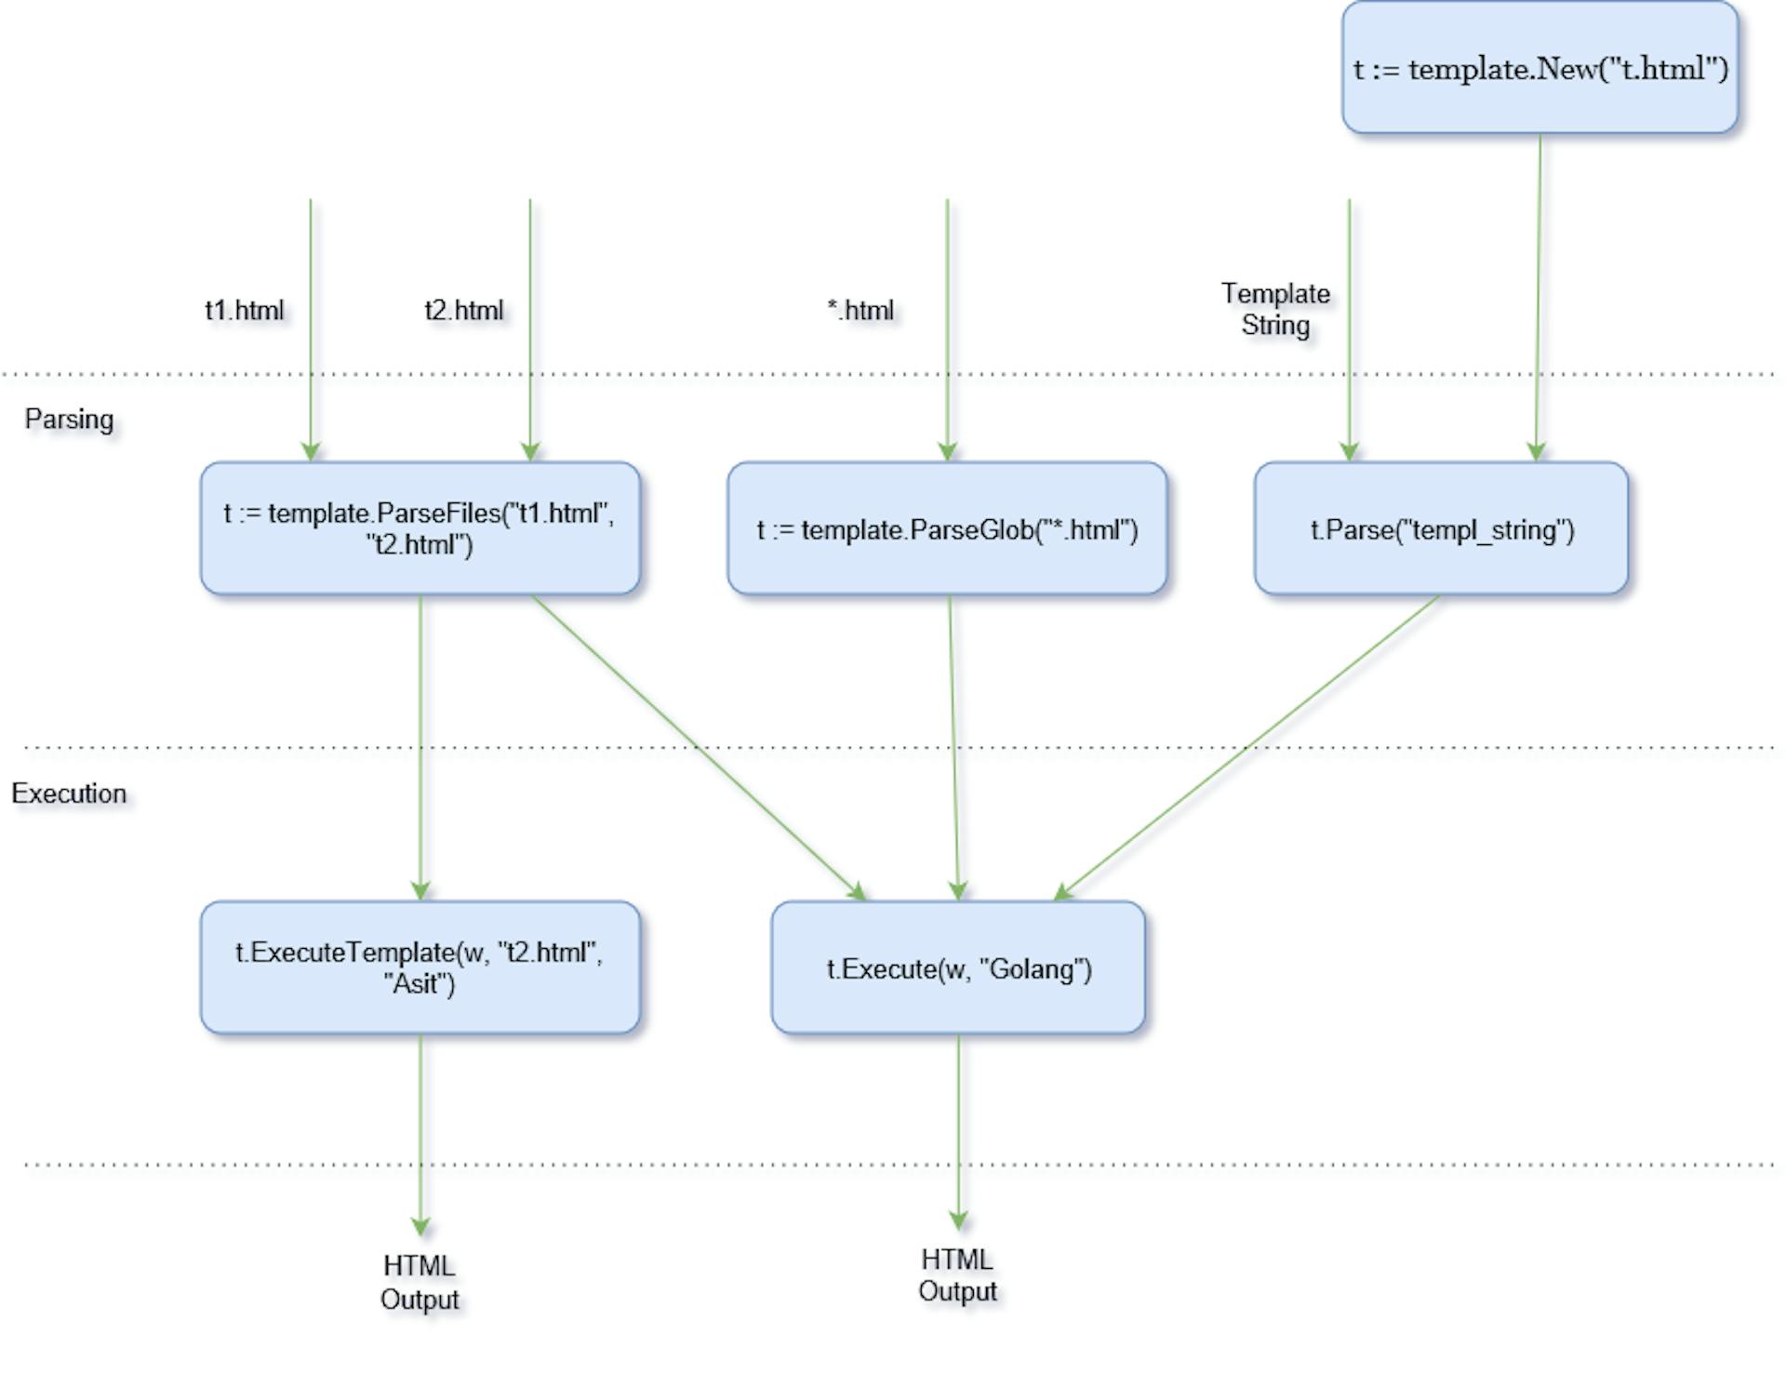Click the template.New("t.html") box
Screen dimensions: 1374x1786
[x=1539, y=68]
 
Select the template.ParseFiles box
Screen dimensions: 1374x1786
[x=420, y=528]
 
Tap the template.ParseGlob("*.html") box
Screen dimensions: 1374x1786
[x=947, y=528]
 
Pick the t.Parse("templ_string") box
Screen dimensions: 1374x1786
[x=1441, y=528]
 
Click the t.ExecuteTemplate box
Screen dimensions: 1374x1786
[x=420, y=967]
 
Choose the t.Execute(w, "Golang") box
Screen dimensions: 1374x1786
[x=958, y=967]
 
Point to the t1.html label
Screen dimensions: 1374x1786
[x=244, y=310]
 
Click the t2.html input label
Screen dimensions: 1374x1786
[x=463, y=310]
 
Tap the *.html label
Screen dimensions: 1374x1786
[x=860, y=310]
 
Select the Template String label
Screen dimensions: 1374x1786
[x=1275, y=310]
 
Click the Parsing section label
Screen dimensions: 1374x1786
[x=69, y=419]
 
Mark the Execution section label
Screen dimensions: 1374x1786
[x=69, y=794]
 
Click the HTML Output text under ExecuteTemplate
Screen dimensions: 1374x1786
[x=420, y=1282]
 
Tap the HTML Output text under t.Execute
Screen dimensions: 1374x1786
[x=957, y=1274]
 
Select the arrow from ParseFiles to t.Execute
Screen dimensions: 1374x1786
[x=698, y=747]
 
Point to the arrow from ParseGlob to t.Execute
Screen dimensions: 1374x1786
[x=953, y=747]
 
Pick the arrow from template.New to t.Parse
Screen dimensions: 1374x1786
[x=1539, y=298]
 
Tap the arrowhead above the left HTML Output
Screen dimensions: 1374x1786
[x=420, y=1226]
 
